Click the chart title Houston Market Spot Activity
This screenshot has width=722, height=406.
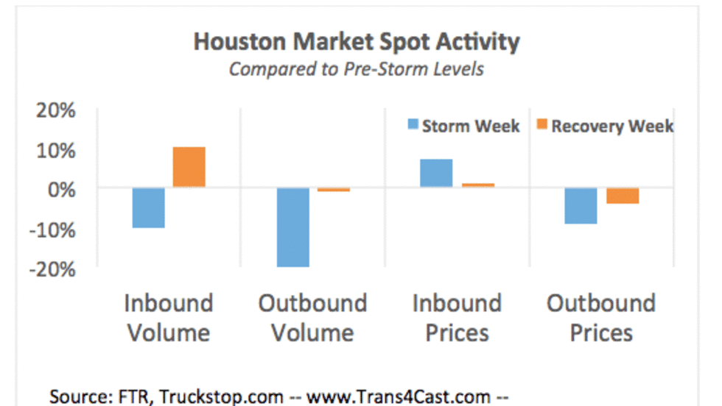click(356, 42)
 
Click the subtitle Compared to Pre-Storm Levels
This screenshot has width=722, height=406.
click(356, 69)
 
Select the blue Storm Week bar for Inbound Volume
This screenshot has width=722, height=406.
click(149, 207)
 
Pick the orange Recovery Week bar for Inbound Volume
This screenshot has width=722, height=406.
click(189, 167)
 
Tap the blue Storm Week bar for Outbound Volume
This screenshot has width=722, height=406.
click(293, 227)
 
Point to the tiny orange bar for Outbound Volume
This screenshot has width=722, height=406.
click(334, 190)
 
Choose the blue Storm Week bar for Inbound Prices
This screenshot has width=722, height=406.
click(436, 173)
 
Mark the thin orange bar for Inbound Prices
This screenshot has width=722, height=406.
click(477, 185)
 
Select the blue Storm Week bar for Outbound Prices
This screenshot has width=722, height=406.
click(581, 205)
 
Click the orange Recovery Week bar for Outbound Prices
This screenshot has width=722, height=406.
click(622, 196)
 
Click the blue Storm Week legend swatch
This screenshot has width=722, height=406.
click(413, 126)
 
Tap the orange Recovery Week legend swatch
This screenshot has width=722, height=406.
click(541, 126)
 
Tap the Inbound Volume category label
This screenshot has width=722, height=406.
click(169, 318)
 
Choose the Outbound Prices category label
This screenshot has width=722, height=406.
click(601, 318)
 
